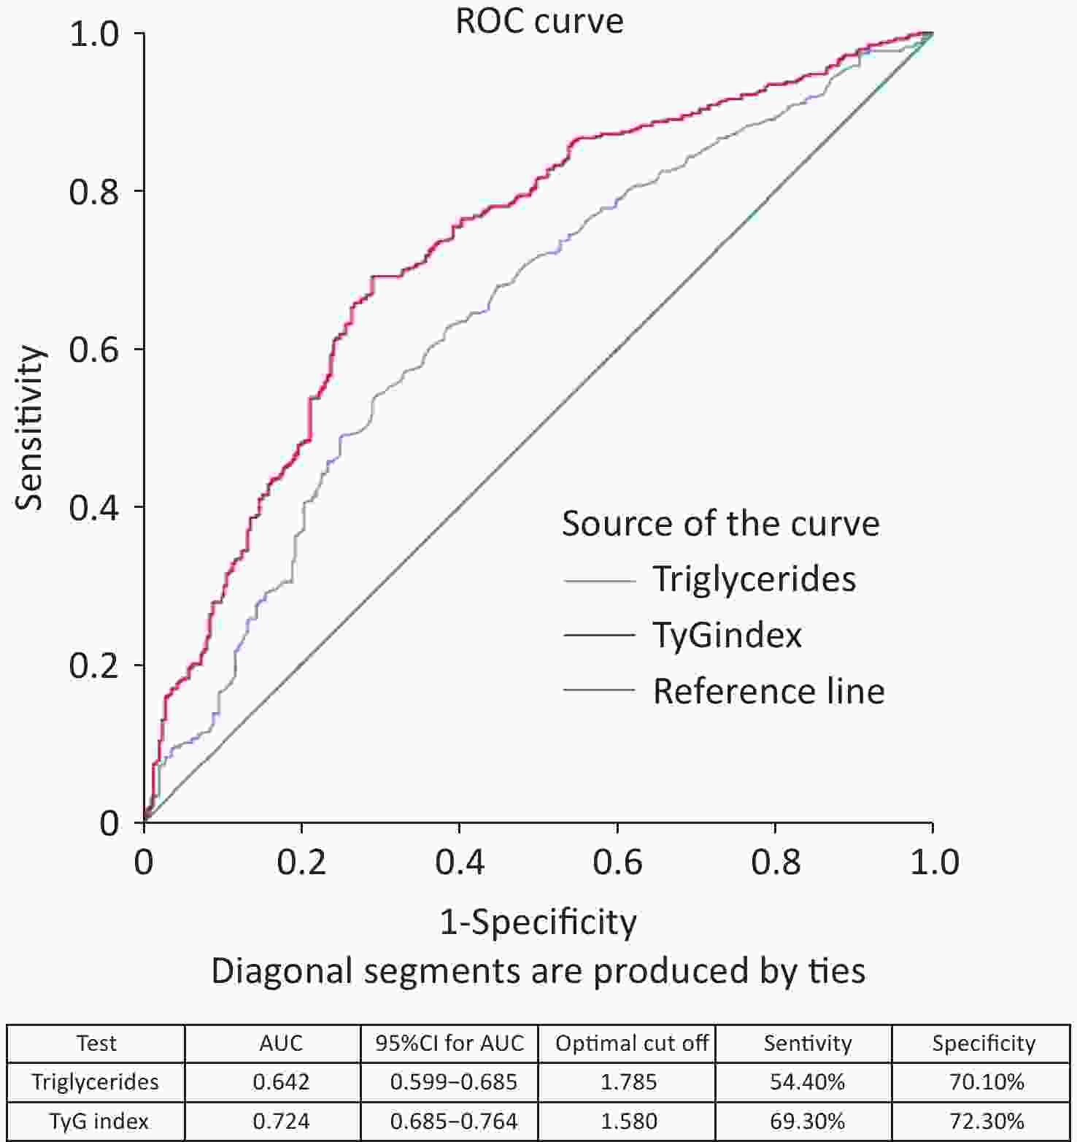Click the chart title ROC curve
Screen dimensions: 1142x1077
(539, 20)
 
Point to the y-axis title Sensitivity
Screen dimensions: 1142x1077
(31, 428)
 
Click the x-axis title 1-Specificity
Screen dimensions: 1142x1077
(538, 922)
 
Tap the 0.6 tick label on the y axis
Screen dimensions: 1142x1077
(93, 350)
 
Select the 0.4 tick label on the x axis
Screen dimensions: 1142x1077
(459, 862)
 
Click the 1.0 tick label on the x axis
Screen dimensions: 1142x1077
(933, 862)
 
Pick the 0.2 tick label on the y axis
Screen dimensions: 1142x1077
(93, 665)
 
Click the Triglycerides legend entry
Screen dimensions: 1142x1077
(754, 579)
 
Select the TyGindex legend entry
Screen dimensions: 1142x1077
(727, 635)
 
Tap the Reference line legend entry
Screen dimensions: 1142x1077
(768, 691)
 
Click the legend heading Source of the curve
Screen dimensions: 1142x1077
(720, 524)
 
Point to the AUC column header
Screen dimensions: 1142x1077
(281, 1043)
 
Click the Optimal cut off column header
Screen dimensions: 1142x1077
(632, 1043)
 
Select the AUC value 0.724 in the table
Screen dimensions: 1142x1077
(281, 1120)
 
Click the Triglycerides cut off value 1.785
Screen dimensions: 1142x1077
(628, 1081)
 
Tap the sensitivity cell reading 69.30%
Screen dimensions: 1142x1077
(807, 1120)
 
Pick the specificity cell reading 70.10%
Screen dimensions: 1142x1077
(986, 1081)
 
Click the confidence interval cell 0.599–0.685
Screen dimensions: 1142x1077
(453, 1081)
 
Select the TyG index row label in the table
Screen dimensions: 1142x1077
(99, 1120)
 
